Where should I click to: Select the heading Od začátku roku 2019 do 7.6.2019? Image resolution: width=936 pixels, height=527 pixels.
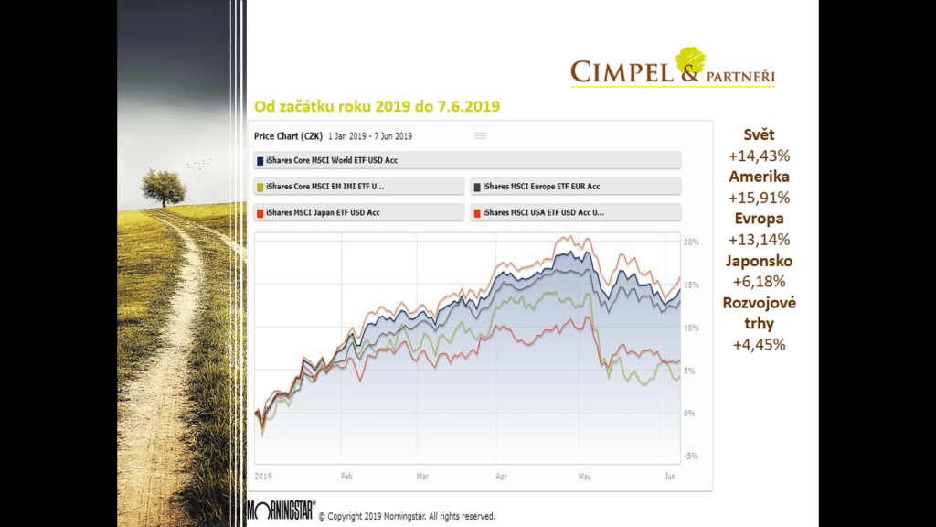tap(377, 107)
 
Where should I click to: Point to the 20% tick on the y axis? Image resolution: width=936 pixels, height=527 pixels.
tap(691, 242)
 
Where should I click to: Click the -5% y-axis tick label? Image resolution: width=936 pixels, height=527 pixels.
tap(691, 456)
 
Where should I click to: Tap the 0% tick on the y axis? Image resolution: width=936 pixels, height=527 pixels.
tap(691, 413)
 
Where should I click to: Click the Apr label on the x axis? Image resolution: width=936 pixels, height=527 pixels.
tap(501, 477)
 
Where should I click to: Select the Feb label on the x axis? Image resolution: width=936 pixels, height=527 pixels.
tap(346, 477)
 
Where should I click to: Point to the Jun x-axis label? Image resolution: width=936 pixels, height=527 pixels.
tap(670, 477)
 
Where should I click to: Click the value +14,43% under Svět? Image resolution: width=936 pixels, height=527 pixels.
tap(759, 156)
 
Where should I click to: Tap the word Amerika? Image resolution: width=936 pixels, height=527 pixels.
tap(759, 177)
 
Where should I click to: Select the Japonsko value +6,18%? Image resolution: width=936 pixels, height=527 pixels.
tap(759, 282)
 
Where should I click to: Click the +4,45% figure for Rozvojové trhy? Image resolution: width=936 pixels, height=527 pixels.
tap(759, 345)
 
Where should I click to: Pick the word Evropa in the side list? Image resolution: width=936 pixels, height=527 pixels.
tap(759, 219)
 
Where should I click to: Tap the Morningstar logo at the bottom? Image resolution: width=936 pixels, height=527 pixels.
tap(282, 511)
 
